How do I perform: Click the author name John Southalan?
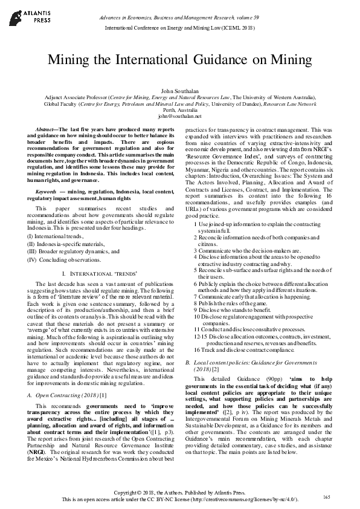point(180,89)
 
